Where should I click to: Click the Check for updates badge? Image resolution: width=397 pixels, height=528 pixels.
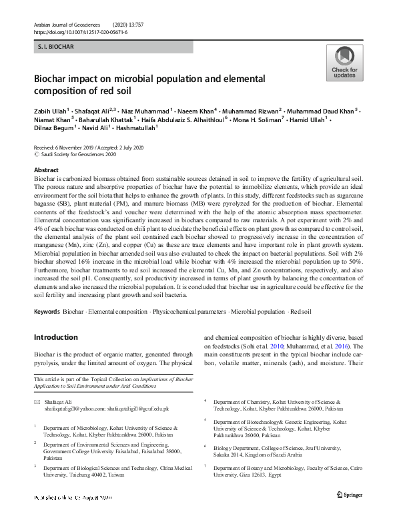344,63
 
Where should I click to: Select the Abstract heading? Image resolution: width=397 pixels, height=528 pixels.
46,170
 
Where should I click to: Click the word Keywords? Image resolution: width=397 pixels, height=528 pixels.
47,312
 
